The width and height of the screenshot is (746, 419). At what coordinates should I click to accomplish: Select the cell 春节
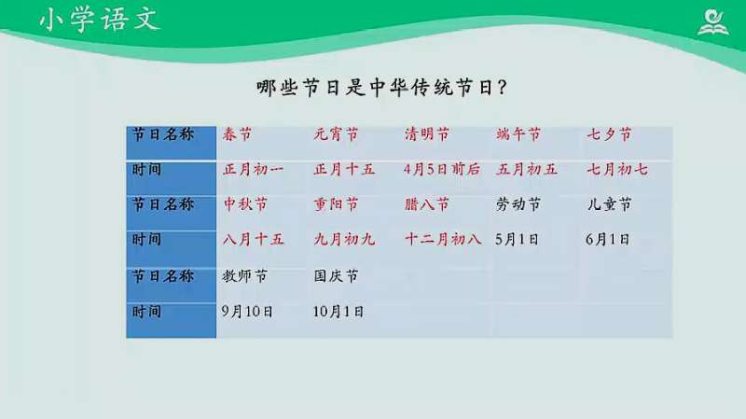238,134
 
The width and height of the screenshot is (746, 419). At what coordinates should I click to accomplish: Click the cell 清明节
427,134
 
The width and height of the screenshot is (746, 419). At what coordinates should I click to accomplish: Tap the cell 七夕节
609,134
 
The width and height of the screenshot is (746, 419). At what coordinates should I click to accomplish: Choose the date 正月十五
345,170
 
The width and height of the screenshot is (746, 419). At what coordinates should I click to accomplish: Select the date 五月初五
527,170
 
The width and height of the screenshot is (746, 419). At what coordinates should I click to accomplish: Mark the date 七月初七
617,170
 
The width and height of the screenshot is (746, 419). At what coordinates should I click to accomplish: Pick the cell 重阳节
336,204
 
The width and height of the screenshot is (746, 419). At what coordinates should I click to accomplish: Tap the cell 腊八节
427,204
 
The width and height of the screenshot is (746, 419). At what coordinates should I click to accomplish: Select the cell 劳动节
518,204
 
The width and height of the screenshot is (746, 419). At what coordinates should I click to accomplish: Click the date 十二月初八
443,239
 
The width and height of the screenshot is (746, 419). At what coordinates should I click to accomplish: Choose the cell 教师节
245,276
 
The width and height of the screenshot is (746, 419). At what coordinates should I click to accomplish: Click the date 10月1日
338,312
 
